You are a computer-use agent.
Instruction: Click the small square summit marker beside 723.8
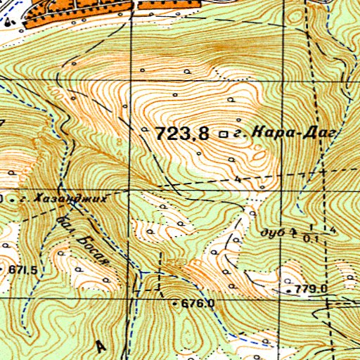[x=224, y=133]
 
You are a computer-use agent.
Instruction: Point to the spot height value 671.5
[x=22, y=269]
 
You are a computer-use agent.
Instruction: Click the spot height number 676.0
[x=198, y=303]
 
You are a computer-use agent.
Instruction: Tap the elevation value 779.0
[x=313, y=288]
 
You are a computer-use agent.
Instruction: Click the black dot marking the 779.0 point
[x=289, y=289]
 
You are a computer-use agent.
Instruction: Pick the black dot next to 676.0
[x=176, y=303]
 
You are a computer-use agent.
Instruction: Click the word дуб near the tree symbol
[x=271, y=231]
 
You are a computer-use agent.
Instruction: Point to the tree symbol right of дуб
[x=294, y=229]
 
